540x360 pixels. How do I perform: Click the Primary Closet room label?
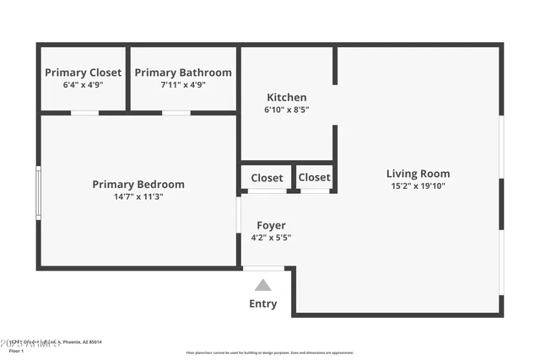point(83,73)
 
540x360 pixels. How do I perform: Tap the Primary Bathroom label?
point(183,73)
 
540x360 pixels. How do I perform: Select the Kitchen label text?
point(287,98)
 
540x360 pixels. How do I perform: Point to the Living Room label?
point(418,175)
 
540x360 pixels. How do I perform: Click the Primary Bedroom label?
point(138,185)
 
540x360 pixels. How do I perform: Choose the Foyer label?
point(271,225)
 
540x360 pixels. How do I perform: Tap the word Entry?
point(263,304)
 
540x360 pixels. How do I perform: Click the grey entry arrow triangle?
point(263,285)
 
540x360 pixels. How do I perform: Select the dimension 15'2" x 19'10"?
point(418,186)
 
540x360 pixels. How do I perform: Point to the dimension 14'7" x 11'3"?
point(138,196)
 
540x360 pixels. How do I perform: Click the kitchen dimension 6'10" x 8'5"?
point(287,110)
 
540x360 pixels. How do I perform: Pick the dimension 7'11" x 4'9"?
point(183,84)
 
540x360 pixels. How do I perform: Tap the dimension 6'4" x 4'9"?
point(83,84)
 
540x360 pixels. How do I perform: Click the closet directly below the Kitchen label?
point(267,178)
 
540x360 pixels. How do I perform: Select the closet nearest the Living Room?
point(314,178)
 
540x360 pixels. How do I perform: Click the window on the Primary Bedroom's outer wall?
point(38,194)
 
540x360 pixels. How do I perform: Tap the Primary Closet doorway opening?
point(84,113)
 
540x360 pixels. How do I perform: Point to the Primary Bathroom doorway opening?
point(175,113)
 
